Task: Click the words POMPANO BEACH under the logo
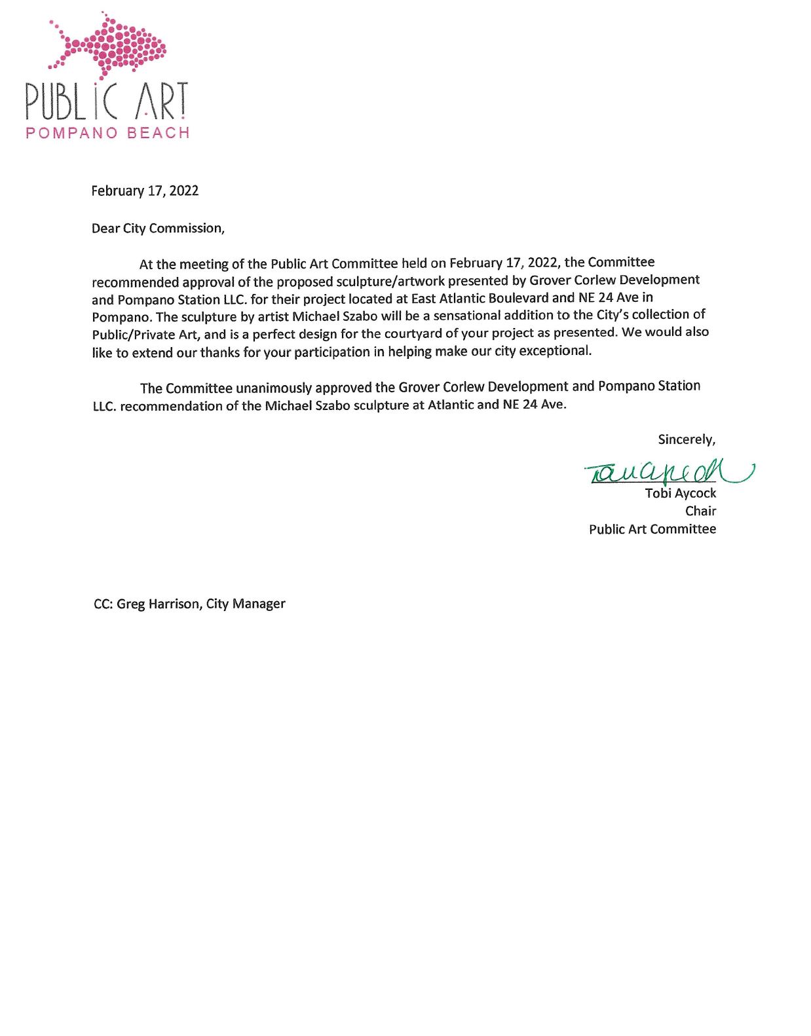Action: (x=107, y=133)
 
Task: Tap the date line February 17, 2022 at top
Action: (x=145, y=191)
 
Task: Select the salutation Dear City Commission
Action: (x=158, y=228)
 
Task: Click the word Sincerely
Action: (x=686, y=439)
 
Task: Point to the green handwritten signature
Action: (x=665, y=471)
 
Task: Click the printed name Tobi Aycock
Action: (x=680, y=493)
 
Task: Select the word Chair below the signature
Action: (x=700, y=511)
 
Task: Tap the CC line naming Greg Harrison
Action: (x=189, y=603)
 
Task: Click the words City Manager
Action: (x=246, y=603)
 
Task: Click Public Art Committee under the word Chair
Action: (x=652, y=529)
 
